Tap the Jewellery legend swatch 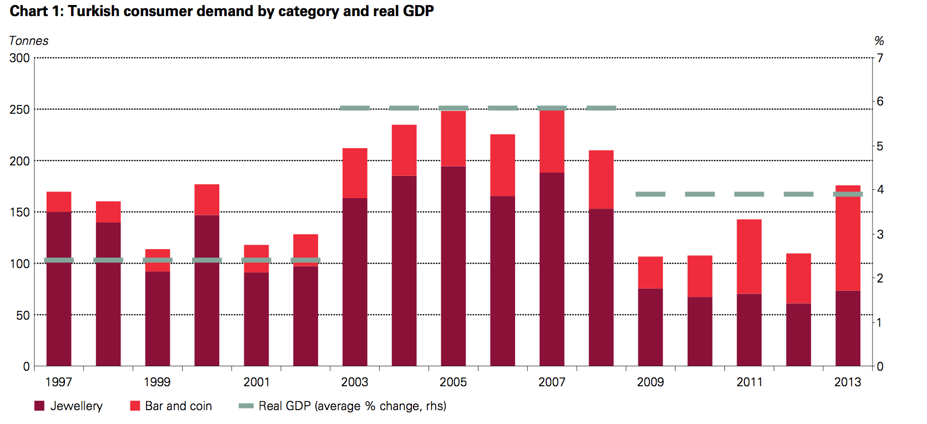pyautogui.click(x=39, y=406)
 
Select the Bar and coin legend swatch pyautogui.click(x=135, y=406)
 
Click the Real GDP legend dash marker pyautogui.click(x=246, y=406)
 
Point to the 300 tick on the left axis pyautogui.click(x=20, y=58)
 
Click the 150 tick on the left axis pyautogui.click(x=20, y=212)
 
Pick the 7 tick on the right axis pyautogui.click(x=880, y=58)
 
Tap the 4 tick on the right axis pyautogui.click(x=880, y=190)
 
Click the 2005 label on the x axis pyautogui.click(x=453, y=382)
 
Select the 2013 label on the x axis pyautogui.click(x=848, y=382)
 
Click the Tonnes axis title pyautogui.click(x=29, y=41)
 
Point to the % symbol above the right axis pyautogui.click(x=879, y=41)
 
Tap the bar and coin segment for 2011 pyautogui.click(x=749, y=256)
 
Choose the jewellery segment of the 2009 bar pyautogui.click(x=651, y=327)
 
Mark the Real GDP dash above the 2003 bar pyautogui.click(x=355, y=108)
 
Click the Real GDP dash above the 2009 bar pyautogui.click(x=651, y=194)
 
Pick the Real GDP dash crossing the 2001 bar pyautogui.click(x=256, y=260)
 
